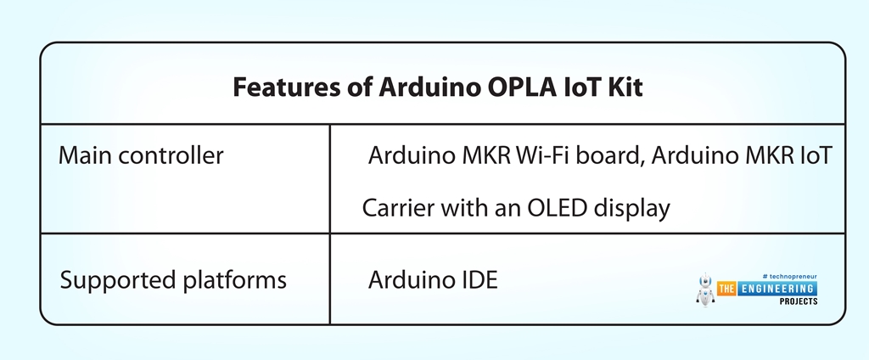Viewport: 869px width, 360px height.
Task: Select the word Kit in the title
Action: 621,87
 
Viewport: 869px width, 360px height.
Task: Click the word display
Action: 634,207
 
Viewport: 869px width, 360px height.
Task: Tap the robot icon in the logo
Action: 704,290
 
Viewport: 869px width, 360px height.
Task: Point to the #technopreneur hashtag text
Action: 789,276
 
